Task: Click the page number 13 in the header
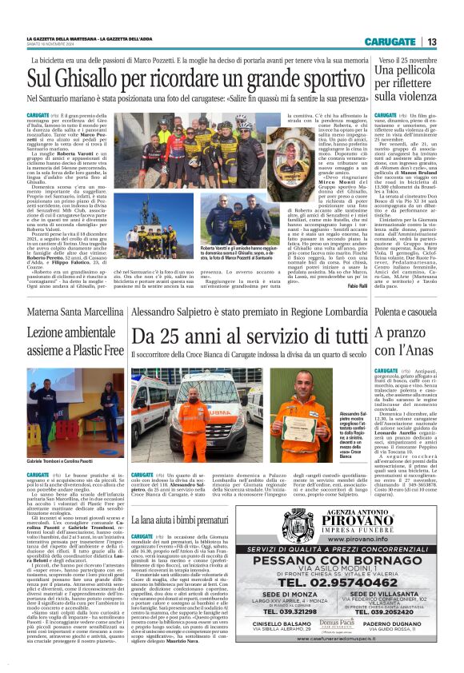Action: [x=431, y=42]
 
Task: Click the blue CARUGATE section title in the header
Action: [x=390, y=42]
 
